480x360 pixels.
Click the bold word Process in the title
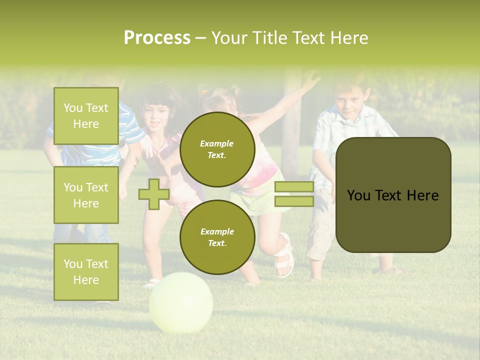pos(157,38)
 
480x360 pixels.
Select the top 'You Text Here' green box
pos(86,116)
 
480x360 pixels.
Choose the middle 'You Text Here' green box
pos(86,195)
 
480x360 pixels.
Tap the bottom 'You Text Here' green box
pos(86,271)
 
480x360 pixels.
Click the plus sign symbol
pos(153,194)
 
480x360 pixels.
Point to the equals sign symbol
pos(294,194)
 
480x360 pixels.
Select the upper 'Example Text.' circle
pos(217,149)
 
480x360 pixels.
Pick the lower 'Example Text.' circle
pos(217,237)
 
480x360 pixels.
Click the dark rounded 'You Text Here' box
pos(393,194)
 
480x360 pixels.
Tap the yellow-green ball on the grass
pos(181,302)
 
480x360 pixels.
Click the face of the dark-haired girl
pos(156,114)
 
